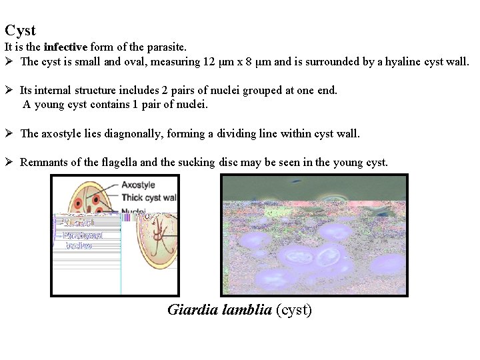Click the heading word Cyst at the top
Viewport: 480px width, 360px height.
click(20, 31)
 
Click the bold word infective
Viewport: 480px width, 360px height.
click(65, 47)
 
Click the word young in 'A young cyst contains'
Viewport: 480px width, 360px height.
click(49, 105)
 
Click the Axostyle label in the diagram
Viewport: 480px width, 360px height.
click(138, 185)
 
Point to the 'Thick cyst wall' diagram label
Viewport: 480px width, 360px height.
click(149, 197)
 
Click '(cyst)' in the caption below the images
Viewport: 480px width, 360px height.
click(294, 310)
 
